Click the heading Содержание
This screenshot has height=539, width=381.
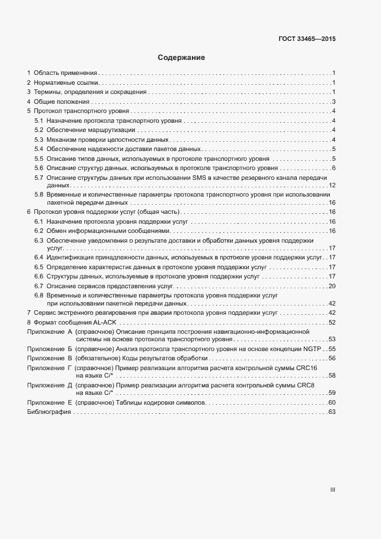coord(181,58)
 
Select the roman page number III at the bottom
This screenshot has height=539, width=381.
coord(333,490)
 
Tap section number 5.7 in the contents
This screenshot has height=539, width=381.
coord(39,177)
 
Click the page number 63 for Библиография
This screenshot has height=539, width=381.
coord(331,412)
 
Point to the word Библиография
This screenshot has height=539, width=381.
coord(49,412)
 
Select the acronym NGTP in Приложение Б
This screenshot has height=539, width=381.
coord(312,349)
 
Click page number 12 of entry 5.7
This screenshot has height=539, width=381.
coord(332,185)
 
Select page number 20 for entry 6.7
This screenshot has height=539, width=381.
coord(332,286)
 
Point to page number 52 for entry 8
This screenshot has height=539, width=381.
coord(332,322)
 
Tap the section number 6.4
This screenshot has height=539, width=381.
coord(39,257)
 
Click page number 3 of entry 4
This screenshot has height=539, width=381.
coord(333,102)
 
